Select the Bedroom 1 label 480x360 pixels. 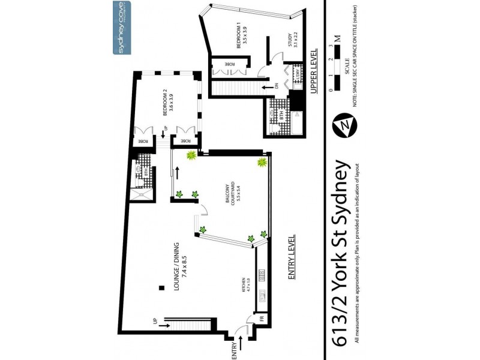point(241,40)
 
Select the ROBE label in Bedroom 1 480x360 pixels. point(230,64)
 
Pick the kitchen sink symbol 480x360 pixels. point(262,275)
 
